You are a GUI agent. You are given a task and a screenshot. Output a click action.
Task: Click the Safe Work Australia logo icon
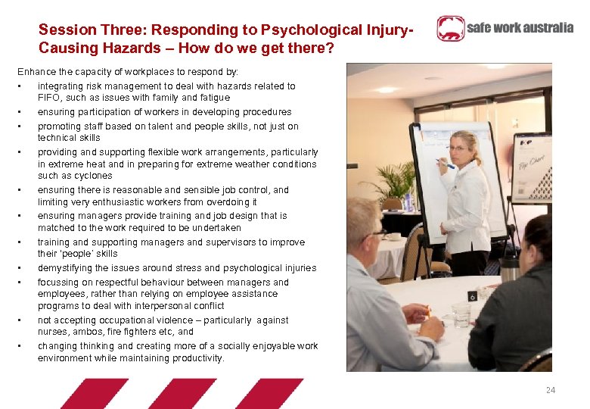pos(451,29)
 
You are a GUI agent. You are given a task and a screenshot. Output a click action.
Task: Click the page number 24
pos(551,390)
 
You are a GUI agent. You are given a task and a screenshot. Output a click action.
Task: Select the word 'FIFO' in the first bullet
pos(49,98)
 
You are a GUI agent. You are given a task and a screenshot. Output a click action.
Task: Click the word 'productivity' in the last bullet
pos(197,358)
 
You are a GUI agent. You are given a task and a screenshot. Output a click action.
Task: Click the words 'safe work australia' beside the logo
pos(520,29)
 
